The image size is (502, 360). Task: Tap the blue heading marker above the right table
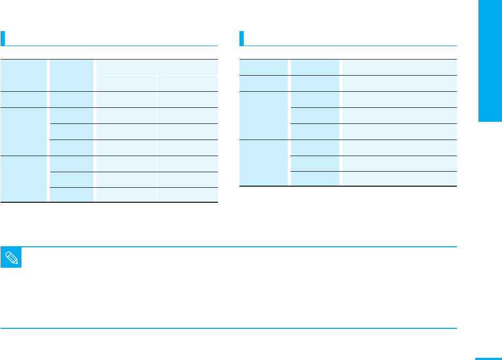pos(242,38)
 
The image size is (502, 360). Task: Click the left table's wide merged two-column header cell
pos(156,67)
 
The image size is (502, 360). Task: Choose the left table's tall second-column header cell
pos(71,75)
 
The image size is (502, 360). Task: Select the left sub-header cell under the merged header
pos(126,83)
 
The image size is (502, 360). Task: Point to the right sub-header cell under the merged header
pos(187,83)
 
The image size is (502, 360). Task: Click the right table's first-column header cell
pos(264,67)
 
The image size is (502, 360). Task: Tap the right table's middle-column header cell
pos(315,67)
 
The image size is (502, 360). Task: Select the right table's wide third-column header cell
pos(399,67)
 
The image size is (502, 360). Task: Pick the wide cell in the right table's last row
pos(399,179)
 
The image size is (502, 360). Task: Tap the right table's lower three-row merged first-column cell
pos(264,163)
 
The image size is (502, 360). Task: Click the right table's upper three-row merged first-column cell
pos(264,115)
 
